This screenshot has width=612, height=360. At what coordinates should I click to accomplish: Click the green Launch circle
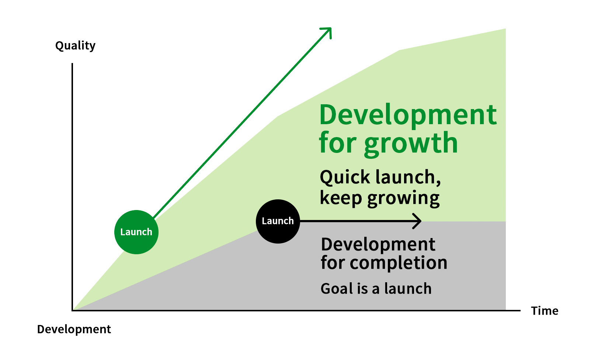tap(136, 232)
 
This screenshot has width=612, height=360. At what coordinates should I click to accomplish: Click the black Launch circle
tap(278, 221)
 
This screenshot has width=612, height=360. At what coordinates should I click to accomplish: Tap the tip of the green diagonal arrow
tap(331, 28)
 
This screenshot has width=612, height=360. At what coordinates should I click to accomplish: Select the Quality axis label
tap(76, 46)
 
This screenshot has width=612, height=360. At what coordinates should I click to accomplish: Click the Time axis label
tap(545, 311)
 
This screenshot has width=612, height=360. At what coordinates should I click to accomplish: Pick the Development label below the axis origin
tap(74, 329)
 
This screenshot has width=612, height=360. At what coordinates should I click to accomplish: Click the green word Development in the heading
tap(408, 115)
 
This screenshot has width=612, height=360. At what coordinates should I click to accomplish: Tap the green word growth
tap(411, 143)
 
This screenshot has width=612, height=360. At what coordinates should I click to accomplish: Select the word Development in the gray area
tap(378, 244)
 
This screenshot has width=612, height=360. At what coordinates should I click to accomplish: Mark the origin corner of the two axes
tap(72, 311)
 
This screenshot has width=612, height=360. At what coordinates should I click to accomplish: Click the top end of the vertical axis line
tap(72, 63)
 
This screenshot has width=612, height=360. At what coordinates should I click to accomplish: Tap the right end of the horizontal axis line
tap(520, 311)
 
